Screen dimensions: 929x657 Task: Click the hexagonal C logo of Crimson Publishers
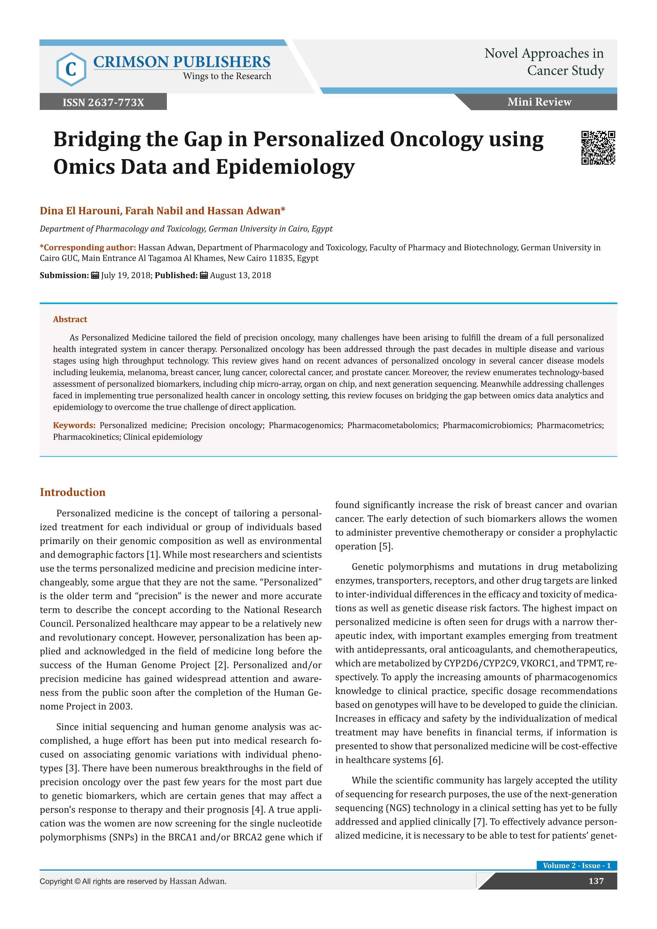71,69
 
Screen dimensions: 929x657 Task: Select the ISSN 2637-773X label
103,102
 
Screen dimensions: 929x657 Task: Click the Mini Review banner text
539,102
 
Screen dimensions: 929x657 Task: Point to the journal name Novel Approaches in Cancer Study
544,62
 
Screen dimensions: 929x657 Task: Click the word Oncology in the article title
436,140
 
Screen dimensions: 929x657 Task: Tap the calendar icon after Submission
95,275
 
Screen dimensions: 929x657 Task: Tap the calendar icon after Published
204,275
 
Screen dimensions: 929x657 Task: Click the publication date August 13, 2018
240,275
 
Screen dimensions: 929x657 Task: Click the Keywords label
74,425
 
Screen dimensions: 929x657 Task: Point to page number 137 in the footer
596,881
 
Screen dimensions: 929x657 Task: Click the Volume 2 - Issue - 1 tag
576,865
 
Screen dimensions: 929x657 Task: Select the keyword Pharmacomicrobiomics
487,425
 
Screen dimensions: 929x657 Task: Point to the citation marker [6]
436,760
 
